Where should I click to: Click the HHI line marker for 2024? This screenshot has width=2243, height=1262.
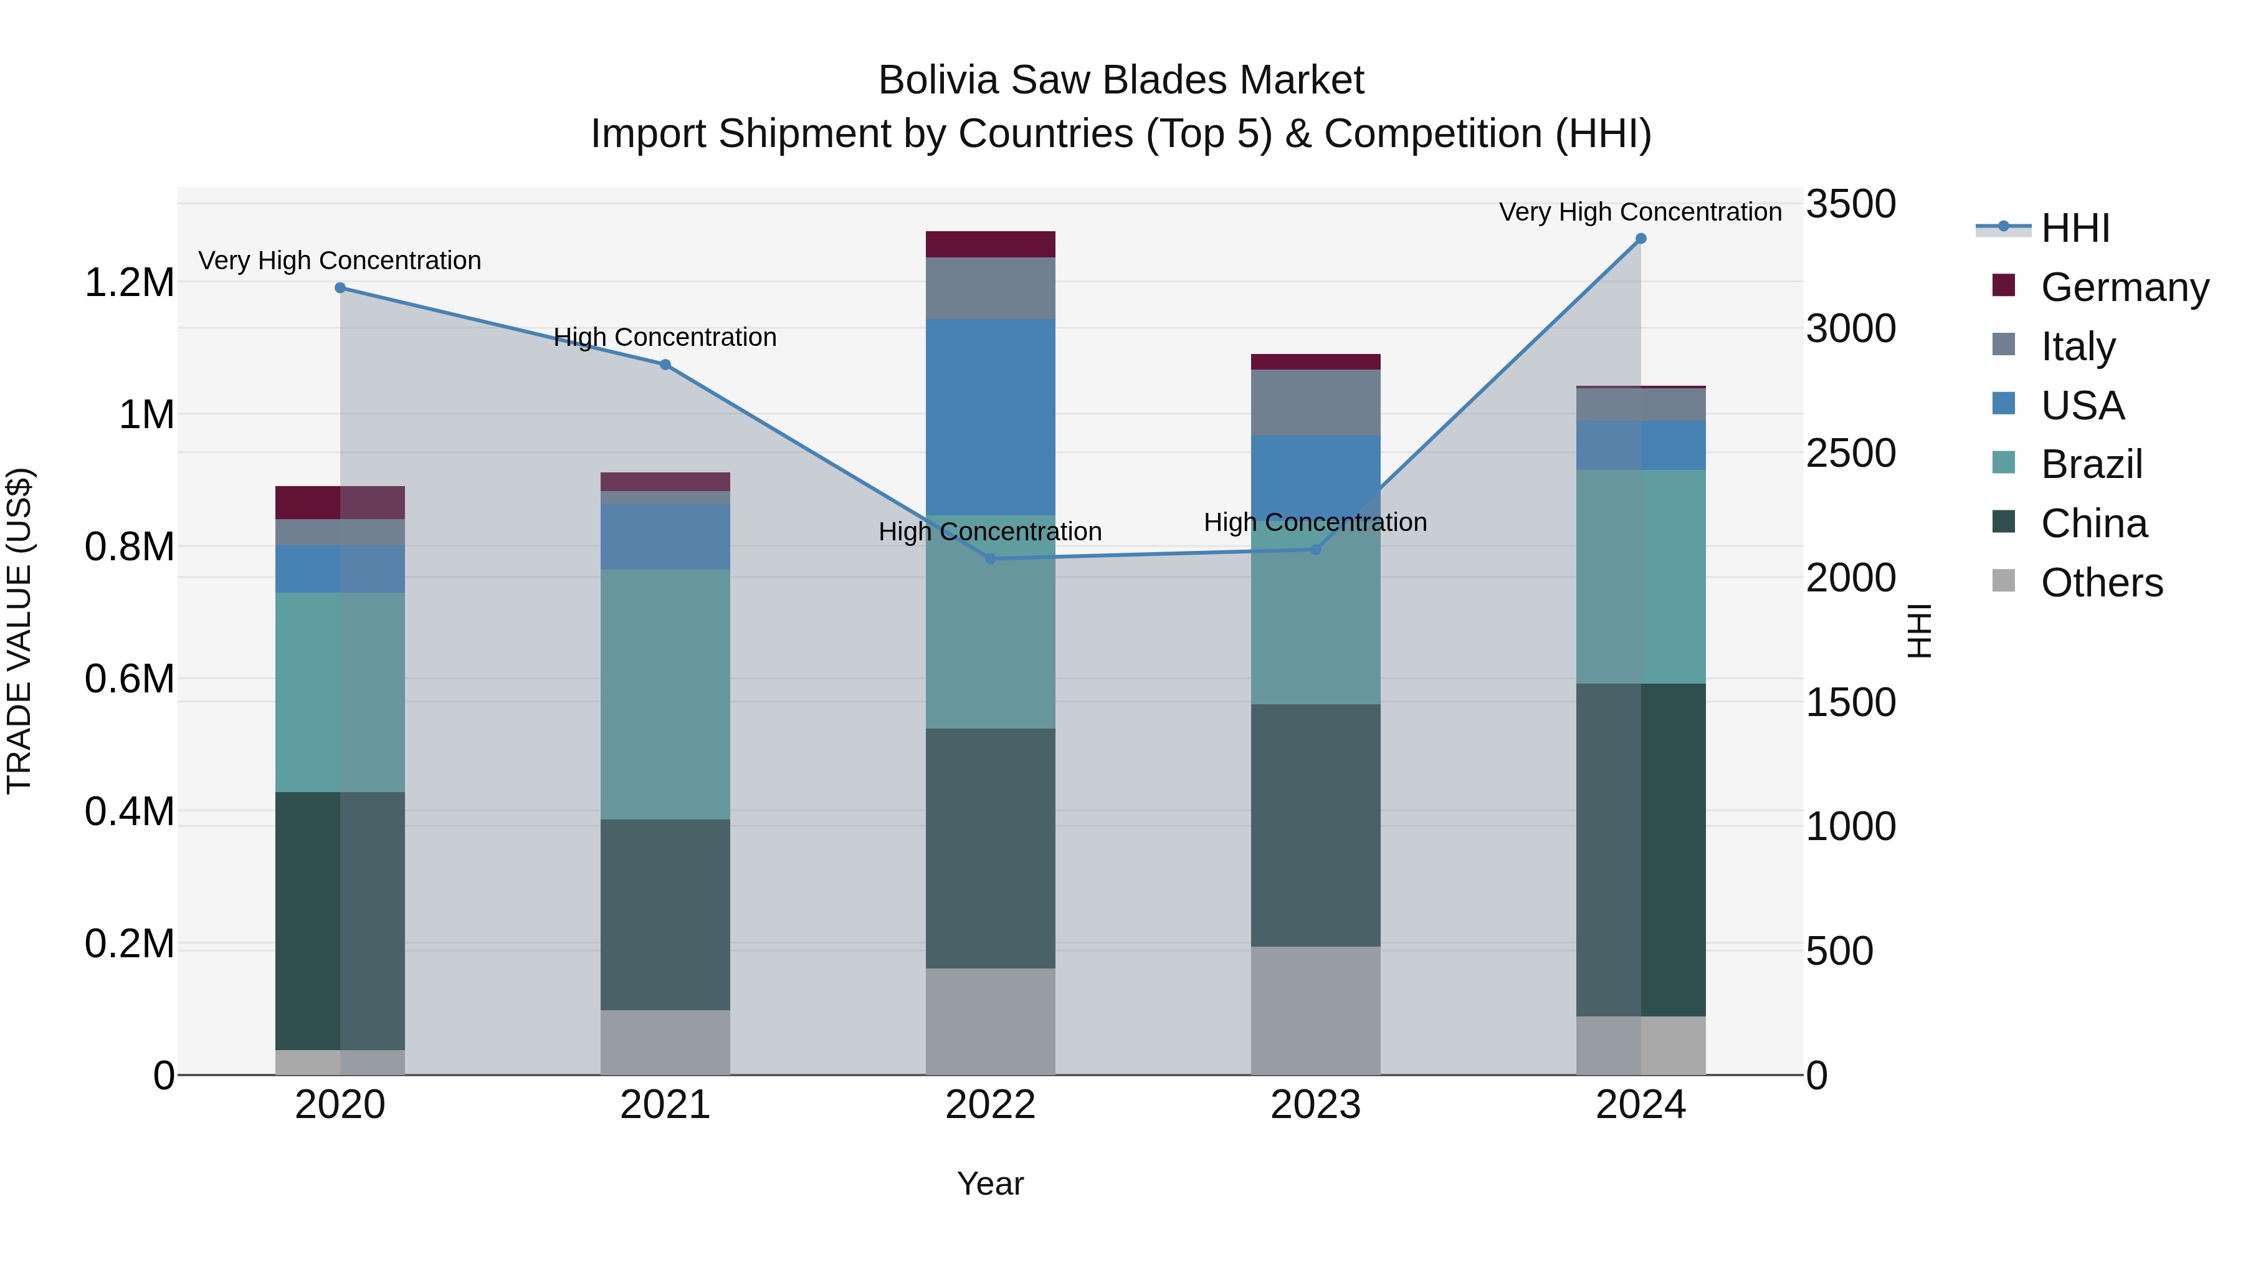pyautogui.click(x=1641, y=239)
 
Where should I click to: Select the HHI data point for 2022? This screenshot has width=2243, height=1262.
pyautogui.click(x=990, y=558)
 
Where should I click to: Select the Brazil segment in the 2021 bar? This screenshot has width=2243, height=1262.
pyautogui.click(x=665, y=694)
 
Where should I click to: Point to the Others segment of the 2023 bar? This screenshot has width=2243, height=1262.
pyautogui.click(x=1316, y=1010)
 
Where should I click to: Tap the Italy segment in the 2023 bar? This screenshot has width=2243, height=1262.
pyautogui.click(x=1316, y=403)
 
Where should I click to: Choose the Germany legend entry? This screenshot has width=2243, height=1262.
pyautogui.click(x=2125, y=287)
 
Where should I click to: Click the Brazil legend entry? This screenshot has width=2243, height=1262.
pyautogui.click(x=2092, y=464)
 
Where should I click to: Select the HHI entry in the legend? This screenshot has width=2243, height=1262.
pyautogui.click(x=2075, y=228)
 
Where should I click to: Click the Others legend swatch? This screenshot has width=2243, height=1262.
pyautogui.click(x=2004, y=581)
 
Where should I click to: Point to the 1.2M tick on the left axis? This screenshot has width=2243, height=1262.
pyautogui.click(x=129, y=283)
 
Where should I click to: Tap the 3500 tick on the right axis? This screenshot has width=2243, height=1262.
pyautogui.click(x=1850, y=204)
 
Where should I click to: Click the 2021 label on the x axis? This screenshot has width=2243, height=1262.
pyautogui.click(x=665, y=1105)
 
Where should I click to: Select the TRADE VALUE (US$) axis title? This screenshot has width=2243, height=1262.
pyautogui.click(x=19, y=631)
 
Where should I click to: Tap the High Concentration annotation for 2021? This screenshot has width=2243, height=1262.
pyautogui.click(x=665, y=337)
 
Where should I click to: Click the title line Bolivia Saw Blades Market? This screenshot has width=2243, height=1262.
pyautogui.click(x=1121, y=80)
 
